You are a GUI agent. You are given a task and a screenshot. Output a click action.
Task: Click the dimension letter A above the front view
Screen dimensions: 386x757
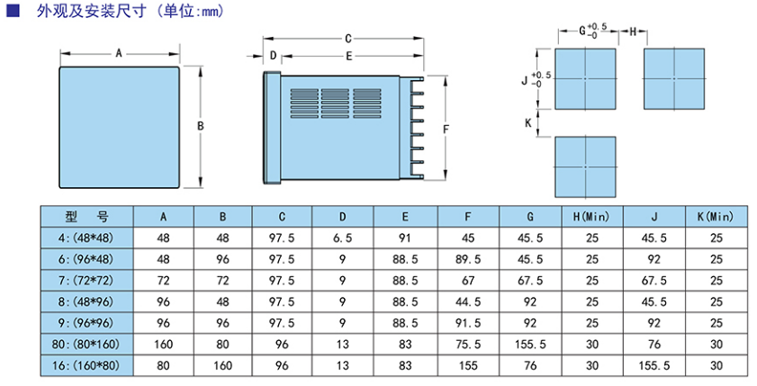[x=119, y=54]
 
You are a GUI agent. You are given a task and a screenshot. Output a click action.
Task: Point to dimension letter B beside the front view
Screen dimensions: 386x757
[x=200, y=126]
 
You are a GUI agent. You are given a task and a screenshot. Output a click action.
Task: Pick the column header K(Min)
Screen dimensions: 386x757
[x=716, y=216]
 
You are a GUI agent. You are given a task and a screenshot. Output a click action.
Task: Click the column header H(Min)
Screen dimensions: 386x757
[x=591, y=216]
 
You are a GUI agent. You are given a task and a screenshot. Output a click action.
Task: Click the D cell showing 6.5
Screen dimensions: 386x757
[x=342, y=238]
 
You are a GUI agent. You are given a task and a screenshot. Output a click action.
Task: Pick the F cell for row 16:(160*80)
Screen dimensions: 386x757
[x=467, y=366]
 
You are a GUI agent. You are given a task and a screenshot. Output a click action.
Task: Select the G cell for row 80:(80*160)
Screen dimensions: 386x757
[x=530, y=345]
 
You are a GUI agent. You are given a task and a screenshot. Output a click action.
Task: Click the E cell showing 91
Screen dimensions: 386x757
[x=405, y=238]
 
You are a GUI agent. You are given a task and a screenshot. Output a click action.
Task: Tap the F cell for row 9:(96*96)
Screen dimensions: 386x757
[x=467, y=323]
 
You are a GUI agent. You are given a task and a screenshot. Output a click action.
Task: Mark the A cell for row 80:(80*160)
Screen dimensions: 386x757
[x=163, y=345]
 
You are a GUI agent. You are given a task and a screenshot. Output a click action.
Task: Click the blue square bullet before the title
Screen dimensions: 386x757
[x=12, y=12]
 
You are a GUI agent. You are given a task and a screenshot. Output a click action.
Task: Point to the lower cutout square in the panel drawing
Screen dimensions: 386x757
[x=586, y=167]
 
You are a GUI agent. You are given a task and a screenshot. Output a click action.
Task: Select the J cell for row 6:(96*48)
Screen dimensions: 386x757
[x=653, y=259]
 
